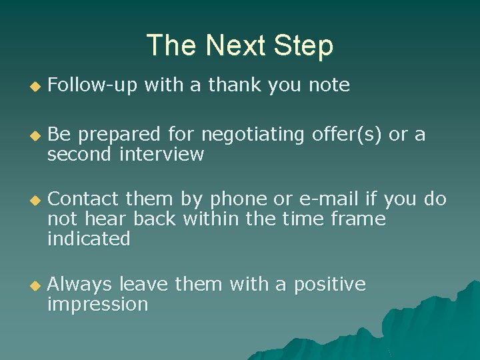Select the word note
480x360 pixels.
coord(329,85)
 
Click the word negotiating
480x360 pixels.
coord(253,135)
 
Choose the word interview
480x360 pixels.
coord(161,155)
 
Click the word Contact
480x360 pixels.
coord(83,199)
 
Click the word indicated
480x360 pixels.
coord(89,239)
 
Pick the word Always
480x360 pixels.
coord(80,285)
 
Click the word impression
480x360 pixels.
coord(97,305)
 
